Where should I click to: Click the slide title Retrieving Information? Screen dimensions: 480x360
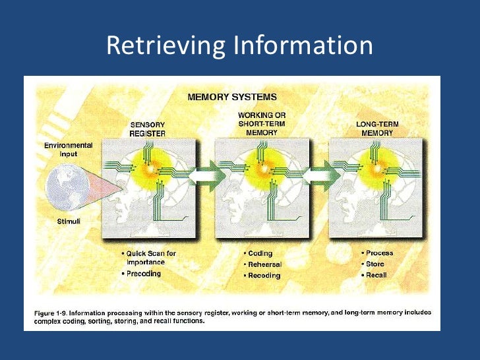239,45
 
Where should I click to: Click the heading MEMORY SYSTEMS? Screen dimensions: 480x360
232,96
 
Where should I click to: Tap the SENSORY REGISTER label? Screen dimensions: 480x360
147,129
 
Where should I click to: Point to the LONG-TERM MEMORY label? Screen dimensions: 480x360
378,129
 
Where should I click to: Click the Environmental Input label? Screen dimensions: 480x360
68,148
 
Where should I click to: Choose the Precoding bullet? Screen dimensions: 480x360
144,274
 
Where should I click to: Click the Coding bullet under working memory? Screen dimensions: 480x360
260,253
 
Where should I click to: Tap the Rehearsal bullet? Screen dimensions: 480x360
264,264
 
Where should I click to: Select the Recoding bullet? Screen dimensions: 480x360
264,275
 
